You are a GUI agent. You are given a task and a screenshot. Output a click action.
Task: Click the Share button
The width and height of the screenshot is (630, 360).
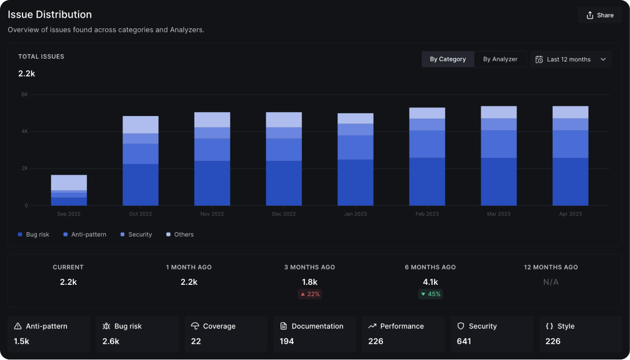pos(599,15)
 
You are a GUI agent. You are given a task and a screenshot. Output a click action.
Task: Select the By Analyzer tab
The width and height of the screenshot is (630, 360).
pos(500,59)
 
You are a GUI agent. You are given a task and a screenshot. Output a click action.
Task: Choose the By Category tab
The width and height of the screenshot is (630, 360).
pos(447,59)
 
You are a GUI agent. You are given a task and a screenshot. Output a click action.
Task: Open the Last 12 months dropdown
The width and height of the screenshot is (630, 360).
pos(571,59)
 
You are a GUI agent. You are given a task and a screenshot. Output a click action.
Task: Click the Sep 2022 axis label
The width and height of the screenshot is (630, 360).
pos(69,214)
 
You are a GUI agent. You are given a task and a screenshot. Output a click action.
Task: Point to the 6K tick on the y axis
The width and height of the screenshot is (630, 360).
pos(24,94)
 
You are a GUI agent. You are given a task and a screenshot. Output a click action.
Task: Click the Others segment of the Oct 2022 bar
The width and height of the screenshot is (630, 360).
pos(140,125)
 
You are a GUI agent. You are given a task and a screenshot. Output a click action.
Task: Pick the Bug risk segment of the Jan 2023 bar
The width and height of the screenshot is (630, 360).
pos(355,182)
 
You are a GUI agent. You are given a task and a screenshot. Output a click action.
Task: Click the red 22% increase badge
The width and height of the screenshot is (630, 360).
pos(310,294)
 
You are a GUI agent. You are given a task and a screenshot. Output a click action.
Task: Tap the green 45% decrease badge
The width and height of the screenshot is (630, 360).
pos(430,294)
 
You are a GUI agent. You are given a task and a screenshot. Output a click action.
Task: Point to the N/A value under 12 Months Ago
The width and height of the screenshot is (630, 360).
pos(551,282)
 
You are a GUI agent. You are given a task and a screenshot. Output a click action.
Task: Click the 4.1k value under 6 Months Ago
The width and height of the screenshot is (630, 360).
pos(430,282)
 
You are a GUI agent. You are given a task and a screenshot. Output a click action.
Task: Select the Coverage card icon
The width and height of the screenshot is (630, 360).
pos(195,326)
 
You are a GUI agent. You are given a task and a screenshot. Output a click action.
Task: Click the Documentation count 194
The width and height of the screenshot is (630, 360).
pos(286,341)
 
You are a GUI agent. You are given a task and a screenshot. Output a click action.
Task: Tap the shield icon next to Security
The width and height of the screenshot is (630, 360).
pos(461,326)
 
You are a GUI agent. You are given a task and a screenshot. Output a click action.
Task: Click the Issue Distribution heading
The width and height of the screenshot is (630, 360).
pos(50,15)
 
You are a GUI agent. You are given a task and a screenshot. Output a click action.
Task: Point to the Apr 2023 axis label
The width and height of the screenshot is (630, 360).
pos(570,214)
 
